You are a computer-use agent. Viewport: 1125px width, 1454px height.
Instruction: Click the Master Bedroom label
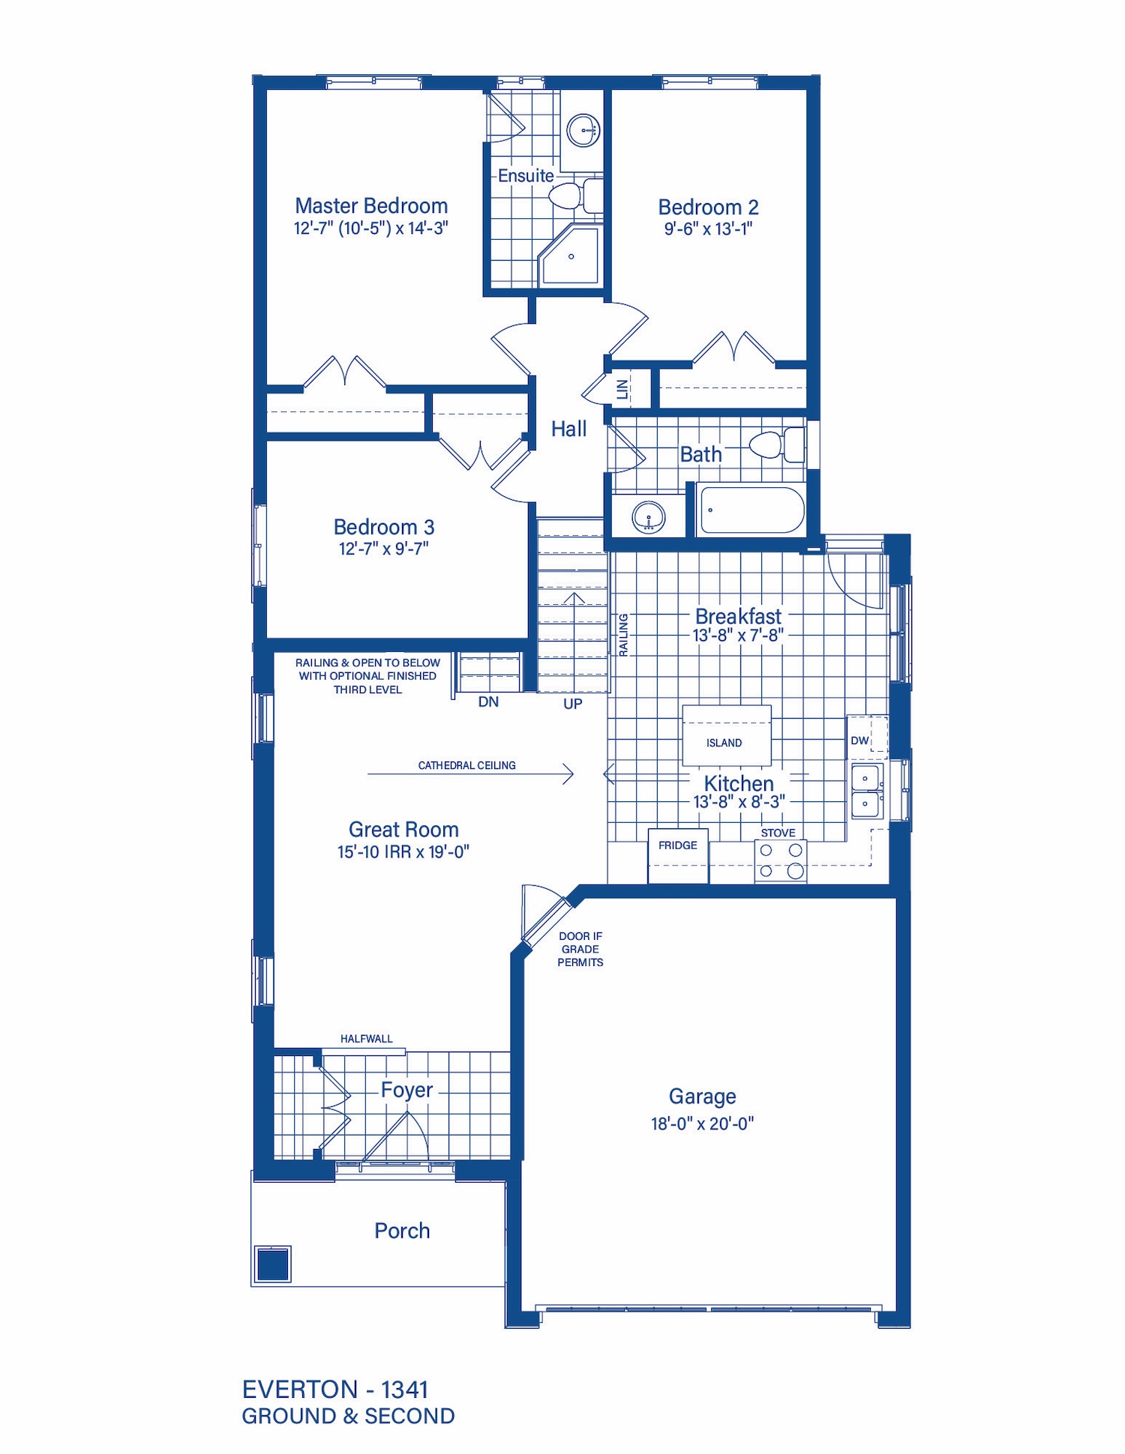[371, 206]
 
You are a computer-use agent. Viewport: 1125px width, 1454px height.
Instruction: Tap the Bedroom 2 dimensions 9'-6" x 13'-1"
[708, 229]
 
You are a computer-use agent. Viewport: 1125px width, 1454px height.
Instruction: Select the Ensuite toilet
[576, 196]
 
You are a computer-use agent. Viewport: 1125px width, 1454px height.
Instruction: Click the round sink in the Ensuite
[583, 130]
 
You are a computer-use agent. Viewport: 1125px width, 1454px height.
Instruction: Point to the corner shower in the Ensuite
[571, 255]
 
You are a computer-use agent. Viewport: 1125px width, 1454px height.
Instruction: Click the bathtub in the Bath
[751, 510]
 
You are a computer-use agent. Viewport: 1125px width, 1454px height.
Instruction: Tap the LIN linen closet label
[622, 389]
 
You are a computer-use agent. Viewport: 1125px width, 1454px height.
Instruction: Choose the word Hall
[568, 429]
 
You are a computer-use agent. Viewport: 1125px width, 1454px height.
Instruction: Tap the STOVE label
[778, 833]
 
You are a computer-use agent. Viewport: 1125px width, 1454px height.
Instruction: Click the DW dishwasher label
[859, 740]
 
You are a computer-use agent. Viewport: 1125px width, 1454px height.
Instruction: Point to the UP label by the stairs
[573, 704]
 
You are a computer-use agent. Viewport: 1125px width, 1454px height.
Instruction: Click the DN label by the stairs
[488, 702]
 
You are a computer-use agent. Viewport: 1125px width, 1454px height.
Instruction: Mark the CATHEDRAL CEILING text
[466, 765]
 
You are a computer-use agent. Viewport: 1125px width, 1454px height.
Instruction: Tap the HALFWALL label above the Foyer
[366, 1039]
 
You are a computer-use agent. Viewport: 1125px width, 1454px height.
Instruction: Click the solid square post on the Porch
[273, 1264]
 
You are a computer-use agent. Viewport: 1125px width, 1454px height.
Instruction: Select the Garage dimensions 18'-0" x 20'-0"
[702, 1123]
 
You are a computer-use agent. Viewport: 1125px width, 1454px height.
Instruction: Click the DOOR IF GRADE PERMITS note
[580, 949]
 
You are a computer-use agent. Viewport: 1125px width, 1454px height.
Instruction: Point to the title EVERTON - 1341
[335, 1390]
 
